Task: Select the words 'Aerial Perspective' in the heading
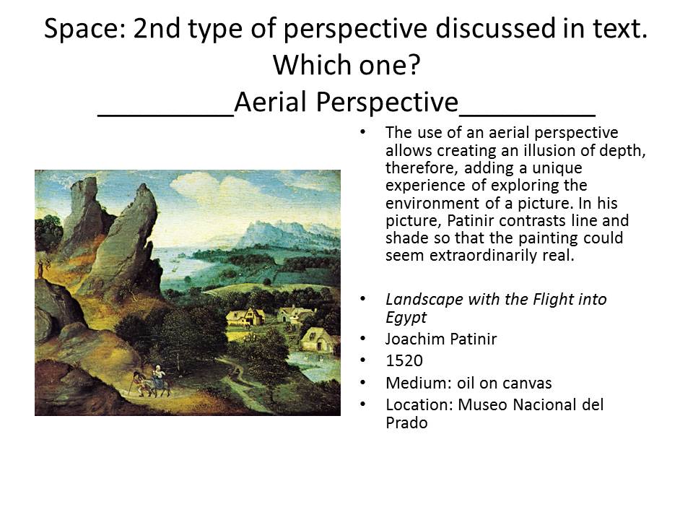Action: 346,102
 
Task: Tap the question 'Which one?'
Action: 346,65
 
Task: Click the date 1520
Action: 404,361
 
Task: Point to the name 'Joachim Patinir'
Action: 441,339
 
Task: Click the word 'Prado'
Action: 406,422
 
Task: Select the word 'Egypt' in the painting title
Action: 406,318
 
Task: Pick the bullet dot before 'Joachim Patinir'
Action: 363,339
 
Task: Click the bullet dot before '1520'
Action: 363,360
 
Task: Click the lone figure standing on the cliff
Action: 41,268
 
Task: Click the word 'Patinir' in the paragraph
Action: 471,221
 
